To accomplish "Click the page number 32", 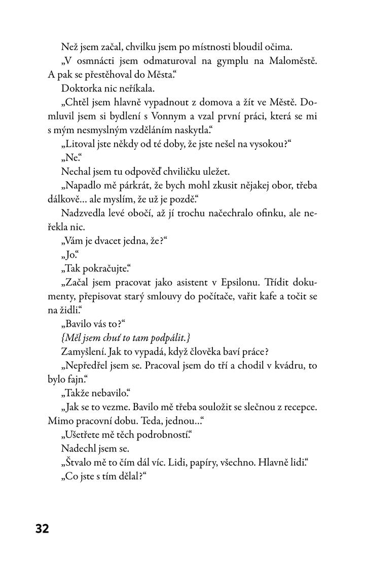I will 42,529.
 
